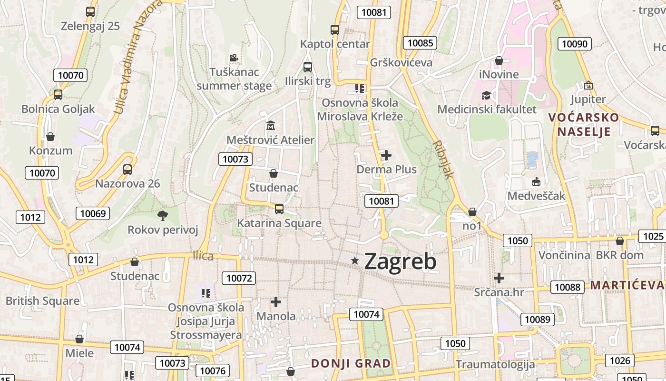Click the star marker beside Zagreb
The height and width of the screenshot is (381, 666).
pyautogui.click(x=355, y=261)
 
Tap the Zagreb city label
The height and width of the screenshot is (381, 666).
pyautogui.click(x=400, y=261)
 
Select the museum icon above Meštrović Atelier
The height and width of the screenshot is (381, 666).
pyautogui.click(x=271, y=126)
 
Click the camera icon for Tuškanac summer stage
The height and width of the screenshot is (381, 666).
pyautogui.click(x=234, y=58)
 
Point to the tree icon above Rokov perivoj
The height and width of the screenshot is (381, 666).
pyautogui.click(x=163, y=216)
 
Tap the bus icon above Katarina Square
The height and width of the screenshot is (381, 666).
pyautogui.click(x=279, y=209)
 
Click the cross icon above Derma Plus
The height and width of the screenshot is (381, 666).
pyautogui.click(x=386, y=155)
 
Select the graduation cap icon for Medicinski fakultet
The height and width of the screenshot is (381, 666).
pyautogui.click(x=486, y=95)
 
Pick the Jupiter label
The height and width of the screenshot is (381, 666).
pyautogui.click(x=588, y=100)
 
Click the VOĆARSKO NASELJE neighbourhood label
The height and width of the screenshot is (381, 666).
pyautogui.click(x=584, y=124)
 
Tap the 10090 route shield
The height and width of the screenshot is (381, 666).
pyautogui.click(x=575, y=44)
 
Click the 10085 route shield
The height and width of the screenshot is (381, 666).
pyautogui.click(x=420, y=43)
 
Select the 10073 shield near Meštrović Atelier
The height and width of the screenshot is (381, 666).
pyautogui.click(x=235, y=159)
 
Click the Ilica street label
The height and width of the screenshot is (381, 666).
pyautogui.click(x=203, y=256)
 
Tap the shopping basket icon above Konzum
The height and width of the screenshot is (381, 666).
pyautogui.click(x=50, y=137)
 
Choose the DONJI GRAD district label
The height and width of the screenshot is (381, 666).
pyautogui.click(x=351, y=363)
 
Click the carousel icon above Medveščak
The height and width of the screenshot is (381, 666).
pyautogui.click(x=536, y=181)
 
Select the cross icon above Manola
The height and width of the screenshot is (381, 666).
pyautogui.click(x=276, y=301)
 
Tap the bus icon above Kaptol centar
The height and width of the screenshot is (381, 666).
pyautogui.click(x=335, y=30)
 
